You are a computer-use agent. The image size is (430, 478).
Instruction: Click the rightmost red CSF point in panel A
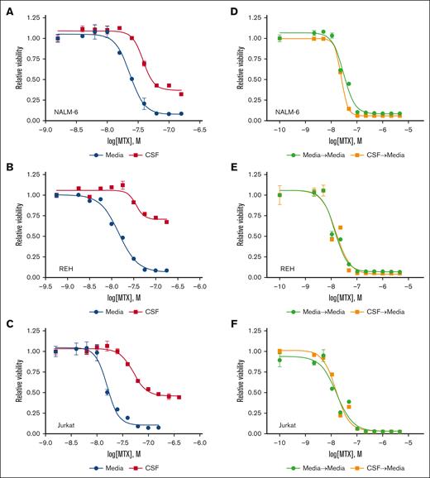click(x=182, y=93)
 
